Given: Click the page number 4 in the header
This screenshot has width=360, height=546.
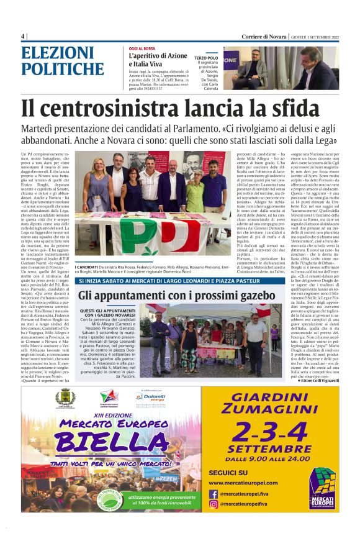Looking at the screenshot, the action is point(22,37).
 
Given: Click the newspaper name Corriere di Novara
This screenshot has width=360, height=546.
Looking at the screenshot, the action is point(265,37).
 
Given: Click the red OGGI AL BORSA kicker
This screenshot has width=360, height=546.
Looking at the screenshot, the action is point(142,48).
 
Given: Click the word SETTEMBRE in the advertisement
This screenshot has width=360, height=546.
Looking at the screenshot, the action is point(269,448).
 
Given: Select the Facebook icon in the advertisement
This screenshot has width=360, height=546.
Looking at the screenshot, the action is point(213,494).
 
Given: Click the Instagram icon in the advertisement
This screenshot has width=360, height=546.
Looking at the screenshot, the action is point(213,504).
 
